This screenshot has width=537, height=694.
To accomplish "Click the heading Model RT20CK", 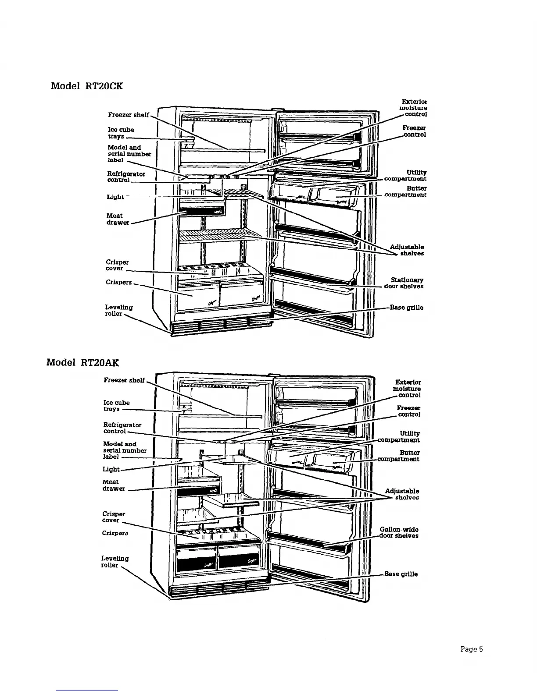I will (87, 85).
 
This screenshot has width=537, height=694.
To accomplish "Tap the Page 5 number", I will (471, 649).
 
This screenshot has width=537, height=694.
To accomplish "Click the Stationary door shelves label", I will (404, 283).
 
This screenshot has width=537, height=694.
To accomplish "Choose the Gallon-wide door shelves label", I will (399, 533).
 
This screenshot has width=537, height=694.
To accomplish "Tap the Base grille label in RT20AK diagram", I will (401, 574).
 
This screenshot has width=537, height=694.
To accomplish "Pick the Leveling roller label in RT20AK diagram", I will (115, 562).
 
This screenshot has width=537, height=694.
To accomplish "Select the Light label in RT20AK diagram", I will (111, 469).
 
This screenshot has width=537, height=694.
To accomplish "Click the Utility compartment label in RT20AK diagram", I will (400, 437).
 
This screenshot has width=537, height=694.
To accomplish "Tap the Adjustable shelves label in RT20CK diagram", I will (407, 250).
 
